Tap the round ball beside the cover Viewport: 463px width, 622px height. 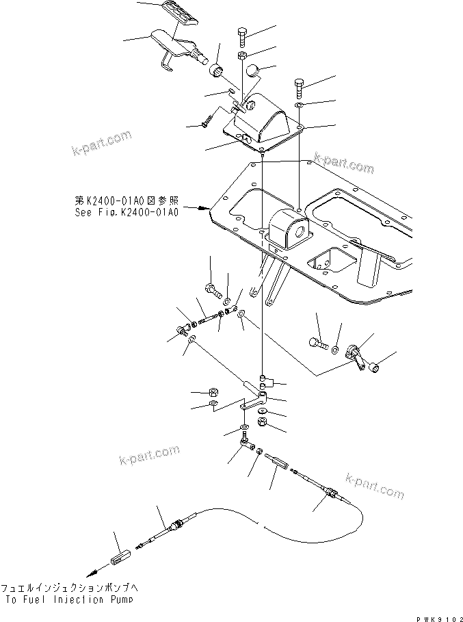[253, 71]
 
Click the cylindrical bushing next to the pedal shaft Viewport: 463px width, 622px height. [217, 69]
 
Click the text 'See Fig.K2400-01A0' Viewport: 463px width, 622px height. [127, 212]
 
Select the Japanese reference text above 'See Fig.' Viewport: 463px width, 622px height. [127, 201]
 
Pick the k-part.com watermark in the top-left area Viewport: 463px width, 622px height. [101, 143]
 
